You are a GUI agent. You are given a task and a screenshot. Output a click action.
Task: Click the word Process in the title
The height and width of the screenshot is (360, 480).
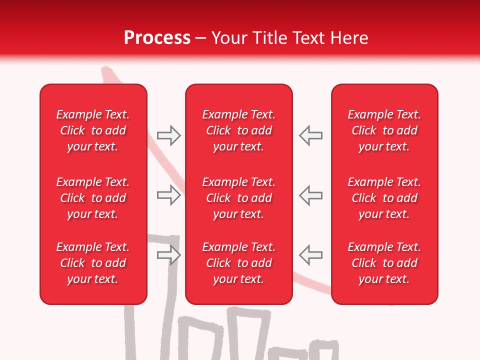pos(157,38)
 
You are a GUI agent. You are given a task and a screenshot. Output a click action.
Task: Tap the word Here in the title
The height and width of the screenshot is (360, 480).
pos(349,38)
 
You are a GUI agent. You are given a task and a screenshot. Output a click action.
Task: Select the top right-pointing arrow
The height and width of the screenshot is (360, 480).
pos(168,135)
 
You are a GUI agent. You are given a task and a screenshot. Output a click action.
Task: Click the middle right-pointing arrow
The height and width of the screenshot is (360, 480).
pos(168,195)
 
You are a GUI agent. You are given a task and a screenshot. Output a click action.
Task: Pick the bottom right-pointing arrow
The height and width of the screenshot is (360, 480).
pos(168,255)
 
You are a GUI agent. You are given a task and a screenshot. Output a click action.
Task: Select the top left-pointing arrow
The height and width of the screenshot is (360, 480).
pos(310,135)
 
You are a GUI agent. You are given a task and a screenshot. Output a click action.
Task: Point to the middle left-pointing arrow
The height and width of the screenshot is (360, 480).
pos(310,195)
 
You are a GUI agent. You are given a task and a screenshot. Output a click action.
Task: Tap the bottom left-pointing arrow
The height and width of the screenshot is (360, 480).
pos(310,255)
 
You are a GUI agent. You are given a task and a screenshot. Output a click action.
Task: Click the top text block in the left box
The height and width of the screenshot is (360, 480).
pos(93,130)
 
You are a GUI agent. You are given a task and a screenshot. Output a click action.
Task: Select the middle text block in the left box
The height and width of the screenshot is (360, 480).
pos(93,198)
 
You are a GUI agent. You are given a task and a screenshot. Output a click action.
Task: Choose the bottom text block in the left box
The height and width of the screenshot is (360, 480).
pos(93,263)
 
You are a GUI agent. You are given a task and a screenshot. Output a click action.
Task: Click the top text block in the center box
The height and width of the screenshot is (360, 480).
pos(238,130)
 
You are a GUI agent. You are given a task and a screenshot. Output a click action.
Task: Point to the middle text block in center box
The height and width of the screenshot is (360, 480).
pos(238,198)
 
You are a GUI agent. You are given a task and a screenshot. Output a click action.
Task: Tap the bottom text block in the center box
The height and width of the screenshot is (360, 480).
pos(238,263)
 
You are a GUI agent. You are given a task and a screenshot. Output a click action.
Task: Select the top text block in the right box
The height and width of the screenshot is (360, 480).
pos(384,130)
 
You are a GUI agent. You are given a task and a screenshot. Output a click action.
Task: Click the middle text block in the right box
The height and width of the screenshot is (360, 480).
pos(384,198)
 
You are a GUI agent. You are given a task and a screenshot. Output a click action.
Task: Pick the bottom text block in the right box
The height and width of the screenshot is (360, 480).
pos(384,263)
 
